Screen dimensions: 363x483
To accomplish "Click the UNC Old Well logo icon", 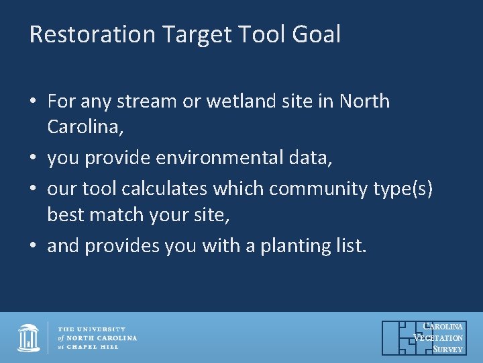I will (x=28, y=337).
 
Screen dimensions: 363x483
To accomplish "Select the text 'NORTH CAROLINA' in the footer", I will (x=101, y=337).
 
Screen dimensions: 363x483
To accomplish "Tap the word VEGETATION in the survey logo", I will (x=439, y=338).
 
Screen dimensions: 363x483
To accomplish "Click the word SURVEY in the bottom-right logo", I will (x=447, y=350).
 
